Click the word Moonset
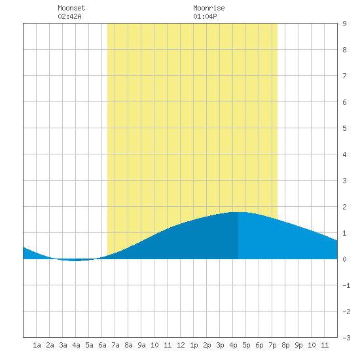click(x=71, y=8)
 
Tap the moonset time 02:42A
click(x=69, y=16)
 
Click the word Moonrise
click(x=209, y=8)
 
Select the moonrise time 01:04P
click(x=205, y=16)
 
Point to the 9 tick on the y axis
click(x=344, y=24)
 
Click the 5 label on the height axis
click(x=344, y=128)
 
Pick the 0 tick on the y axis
click(x=344, y=259)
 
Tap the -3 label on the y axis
click(x=346, y=338)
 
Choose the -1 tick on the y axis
click(x=346, y=285)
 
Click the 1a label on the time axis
click(x=37, y=345)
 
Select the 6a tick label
click(x=102, y=345)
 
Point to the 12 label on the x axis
click(x=181, y=345)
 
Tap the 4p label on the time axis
click(x=233, y=345)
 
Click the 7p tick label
click(x=272, y=345)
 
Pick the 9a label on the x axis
click(x=141, y=345)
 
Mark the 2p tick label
click(x=207, y=345)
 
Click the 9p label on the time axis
click(x=298, y=345)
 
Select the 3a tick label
click(x=63, y=345)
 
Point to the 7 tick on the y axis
click(x=344, y=76)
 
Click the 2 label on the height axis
click(x=344, y=207)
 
